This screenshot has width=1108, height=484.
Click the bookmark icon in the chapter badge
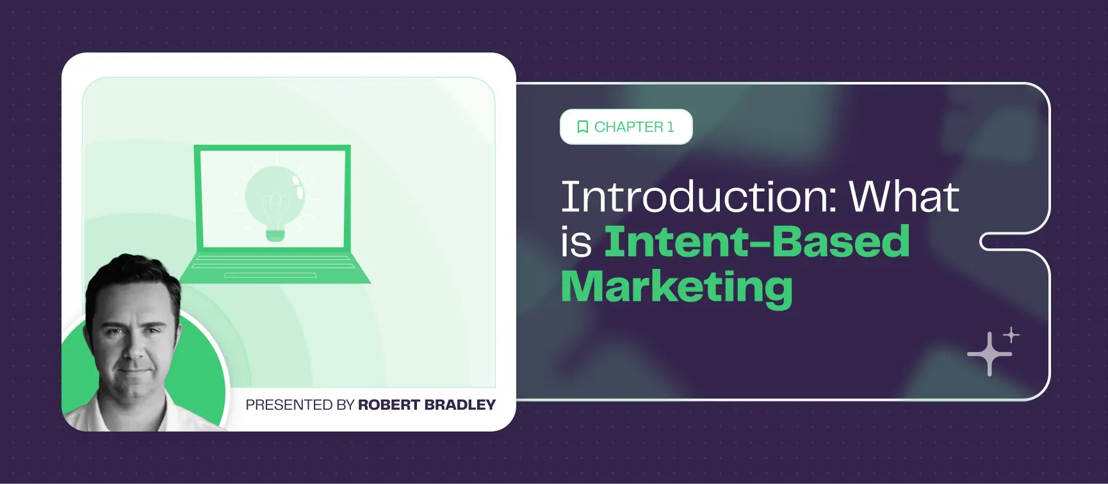pyautogui.click(x=582, y=127)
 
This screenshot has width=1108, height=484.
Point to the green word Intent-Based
pyautogui.click(x=756, y=242)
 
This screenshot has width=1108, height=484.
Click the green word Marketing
pyautogui.click(x=676, y=287)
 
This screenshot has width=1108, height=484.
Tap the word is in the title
pyautogui.click(x=576, y=243)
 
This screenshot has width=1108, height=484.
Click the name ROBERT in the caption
pyautogui.click(x=389, y=405)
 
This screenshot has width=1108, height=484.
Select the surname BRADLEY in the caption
pyautogui.click(x=460, y=405)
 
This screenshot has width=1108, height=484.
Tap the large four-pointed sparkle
pyautogui.click(x=990, y=353)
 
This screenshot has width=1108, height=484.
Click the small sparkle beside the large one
pyautogui.click(x=1011, y=335)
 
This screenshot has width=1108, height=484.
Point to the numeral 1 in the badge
pyautogui.click(x=671, y=127)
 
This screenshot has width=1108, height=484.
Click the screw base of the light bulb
pyautogui.click(x=275, y=234)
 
